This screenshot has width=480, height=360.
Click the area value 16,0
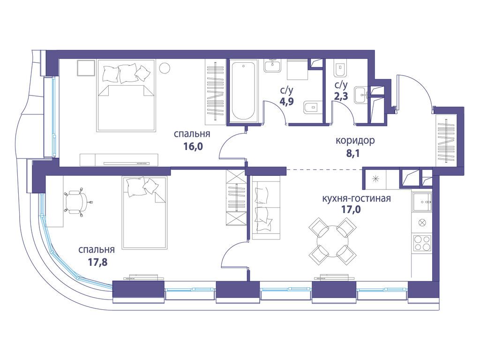(193, 146)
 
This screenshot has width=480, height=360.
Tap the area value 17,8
(98, 262)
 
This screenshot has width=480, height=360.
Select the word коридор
(355, 141)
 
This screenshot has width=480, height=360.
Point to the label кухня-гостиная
(356, 198)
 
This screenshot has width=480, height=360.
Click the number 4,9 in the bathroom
(286, 101)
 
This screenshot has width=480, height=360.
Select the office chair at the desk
(75, 202)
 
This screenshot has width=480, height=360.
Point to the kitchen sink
(421, 202)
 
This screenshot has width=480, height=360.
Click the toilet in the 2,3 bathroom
(340, 70)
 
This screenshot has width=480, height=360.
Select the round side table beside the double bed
(165, 67)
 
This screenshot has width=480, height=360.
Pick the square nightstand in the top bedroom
(86, 67)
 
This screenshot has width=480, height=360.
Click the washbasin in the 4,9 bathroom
(272, 66)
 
